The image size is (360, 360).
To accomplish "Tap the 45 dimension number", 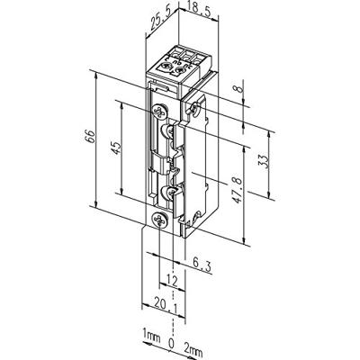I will tap(116, 148).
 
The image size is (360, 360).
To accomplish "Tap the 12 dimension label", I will tap(171, 282).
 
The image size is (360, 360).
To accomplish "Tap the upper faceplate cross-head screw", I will tap(159, 112).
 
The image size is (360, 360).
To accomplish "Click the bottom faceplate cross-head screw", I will tap(159, 219).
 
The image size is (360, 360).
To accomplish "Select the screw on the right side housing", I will tap(195, 110).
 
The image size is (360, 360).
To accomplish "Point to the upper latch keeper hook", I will tap(167, 135).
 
